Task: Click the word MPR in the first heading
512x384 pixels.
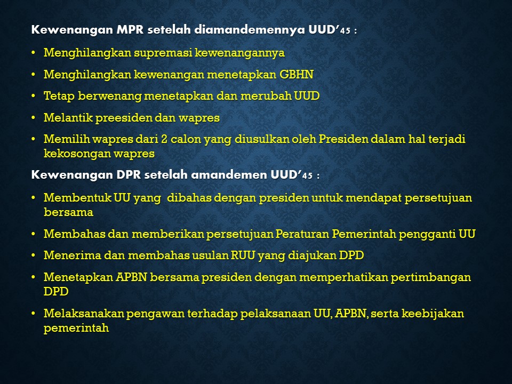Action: pyautogui.click(x=130, y=30)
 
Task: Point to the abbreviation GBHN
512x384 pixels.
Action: pyautogui.click(x=296, y=75)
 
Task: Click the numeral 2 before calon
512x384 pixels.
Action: pyautogui.click(x=164, y=139)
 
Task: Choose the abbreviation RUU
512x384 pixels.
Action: pyautogui.click(x=243, y=255)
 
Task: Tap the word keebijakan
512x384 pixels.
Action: pyautogui.click(x=433, y=314)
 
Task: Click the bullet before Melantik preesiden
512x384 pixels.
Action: pyautogui.click(x=33, y=118)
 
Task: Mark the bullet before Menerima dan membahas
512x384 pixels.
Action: pyautogui.click(x=33, y=255)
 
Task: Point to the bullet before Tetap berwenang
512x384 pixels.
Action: pyautogui.click(x=33, y=97)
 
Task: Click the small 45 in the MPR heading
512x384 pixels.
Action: pyautogui.click(x=345, y=31)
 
